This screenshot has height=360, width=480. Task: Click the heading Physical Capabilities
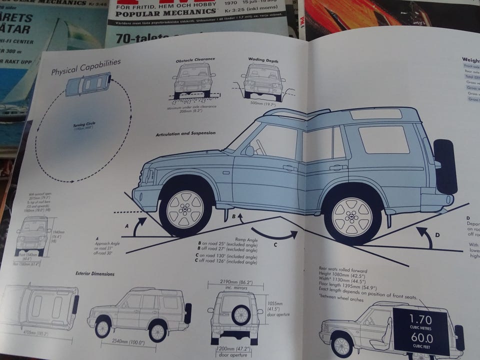(86, 67)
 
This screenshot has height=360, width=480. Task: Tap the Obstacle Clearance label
(195, 59)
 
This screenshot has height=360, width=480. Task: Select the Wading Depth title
(263, 60)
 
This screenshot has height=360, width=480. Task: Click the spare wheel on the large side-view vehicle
(445, 166)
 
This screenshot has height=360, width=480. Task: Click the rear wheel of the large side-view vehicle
(352, 215)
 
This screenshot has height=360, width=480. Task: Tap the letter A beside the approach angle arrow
(126, 225)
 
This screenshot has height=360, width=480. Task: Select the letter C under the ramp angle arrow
(274, 244)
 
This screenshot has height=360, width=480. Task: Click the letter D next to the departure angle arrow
(436, 234)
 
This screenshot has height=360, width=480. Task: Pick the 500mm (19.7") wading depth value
(263, 104)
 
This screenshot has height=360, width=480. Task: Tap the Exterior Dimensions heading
(95, 273)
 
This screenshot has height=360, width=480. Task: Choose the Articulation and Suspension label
(185, 133)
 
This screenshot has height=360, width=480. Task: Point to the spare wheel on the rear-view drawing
(241, 314)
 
